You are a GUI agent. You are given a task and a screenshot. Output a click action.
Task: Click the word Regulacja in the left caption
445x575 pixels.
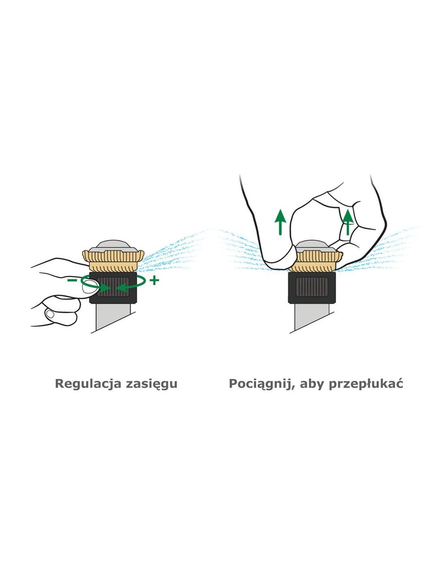coord(88,384)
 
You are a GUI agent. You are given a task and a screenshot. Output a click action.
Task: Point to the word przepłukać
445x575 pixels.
coord(366,384)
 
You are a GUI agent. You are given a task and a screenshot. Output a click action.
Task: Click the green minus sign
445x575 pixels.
coord(72,280)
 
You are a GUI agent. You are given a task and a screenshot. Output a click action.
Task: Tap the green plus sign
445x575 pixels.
coord(154,280)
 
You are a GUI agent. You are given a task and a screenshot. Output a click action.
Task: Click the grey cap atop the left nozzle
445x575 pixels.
coord(113,246)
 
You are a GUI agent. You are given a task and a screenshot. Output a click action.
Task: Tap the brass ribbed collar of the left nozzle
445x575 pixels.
coord(113,261)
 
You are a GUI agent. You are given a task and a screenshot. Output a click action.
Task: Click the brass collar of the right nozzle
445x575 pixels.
coord(315,262)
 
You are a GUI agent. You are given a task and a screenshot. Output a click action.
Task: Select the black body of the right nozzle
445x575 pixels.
coord(312,287)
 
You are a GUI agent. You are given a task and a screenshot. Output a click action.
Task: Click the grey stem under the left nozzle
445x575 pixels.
coord(113,316)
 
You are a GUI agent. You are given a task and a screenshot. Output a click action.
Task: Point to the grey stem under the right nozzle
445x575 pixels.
coord(312,317)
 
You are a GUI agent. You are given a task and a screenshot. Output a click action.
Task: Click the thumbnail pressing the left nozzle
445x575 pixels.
coord(90,287)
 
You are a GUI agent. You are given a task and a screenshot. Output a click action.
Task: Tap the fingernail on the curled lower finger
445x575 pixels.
coord(50,314)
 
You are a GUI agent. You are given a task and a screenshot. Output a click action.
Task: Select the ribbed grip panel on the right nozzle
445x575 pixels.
coord(312,287)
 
